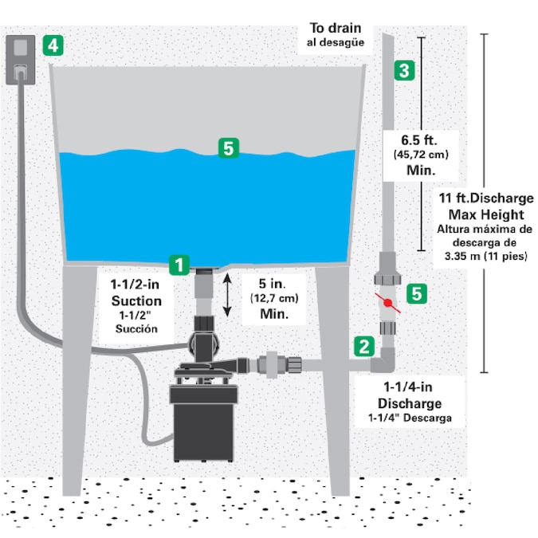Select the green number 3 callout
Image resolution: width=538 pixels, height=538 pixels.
(x=404, y=70)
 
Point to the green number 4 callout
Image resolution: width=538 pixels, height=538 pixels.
(x=53, y=45)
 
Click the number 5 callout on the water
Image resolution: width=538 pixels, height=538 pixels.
(x=228, y=148)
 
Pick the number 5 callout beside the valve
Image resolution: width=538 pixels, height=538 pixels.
(x=414, y=293)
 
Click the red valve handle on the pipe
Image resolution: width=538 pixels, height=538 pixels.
(x=387, y=303)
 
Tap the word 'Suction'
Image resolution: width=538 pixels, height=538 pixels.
(x=135, y=300)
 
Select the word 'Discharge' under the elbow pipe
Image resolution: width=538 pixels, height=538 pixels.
(x=410, y=403)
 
